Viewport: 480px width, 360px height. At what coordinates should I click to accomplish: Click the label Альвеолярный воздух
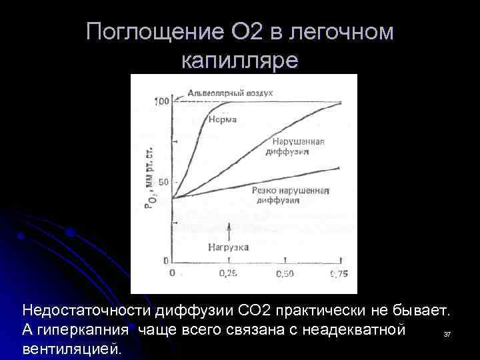(x=230, y=93)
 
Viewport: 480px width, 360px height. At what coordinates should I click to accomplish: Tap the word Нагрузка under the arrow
(x=228, y=247)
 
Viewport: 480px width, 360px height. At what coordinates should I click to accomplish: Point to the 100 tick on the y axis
(x=161, y=101)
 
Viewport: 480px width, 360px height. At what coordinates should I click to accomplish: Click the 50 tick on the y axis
(x=163, y=182)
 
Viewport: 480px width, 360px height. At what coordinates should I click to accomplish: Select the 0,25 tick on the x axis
(x=229, y=273)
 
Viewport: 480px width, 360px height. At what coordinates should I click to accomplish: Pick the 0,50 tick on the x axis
(x=285, y=273)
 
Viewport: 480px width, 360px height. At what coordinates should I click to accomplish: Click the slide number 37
(x=447, y=333)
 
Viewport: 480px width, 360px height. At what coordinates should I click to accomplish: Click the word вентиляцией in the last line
(x=73, y=347)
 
